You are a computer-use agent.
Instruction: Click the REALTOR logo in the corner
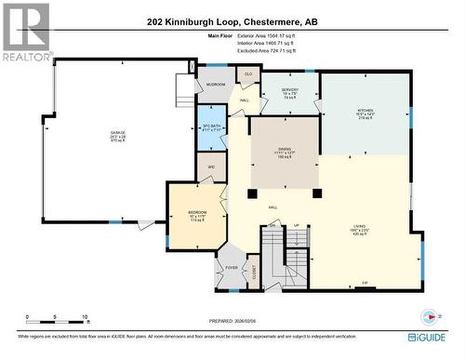pos(27,32)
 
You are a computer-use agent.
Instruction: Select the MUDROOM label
pos(216,85)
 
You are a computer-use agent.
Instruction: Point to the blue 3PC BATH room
pos(211,130)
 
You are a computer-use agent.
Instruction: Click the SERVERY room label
pos(289,91)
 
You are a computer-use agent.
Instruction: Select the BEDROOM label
pos(197,215)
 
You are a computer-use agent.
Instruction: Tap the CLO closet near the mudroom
pos(248,73)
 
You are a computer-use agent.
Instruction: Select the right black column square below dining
pos(317,193)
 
